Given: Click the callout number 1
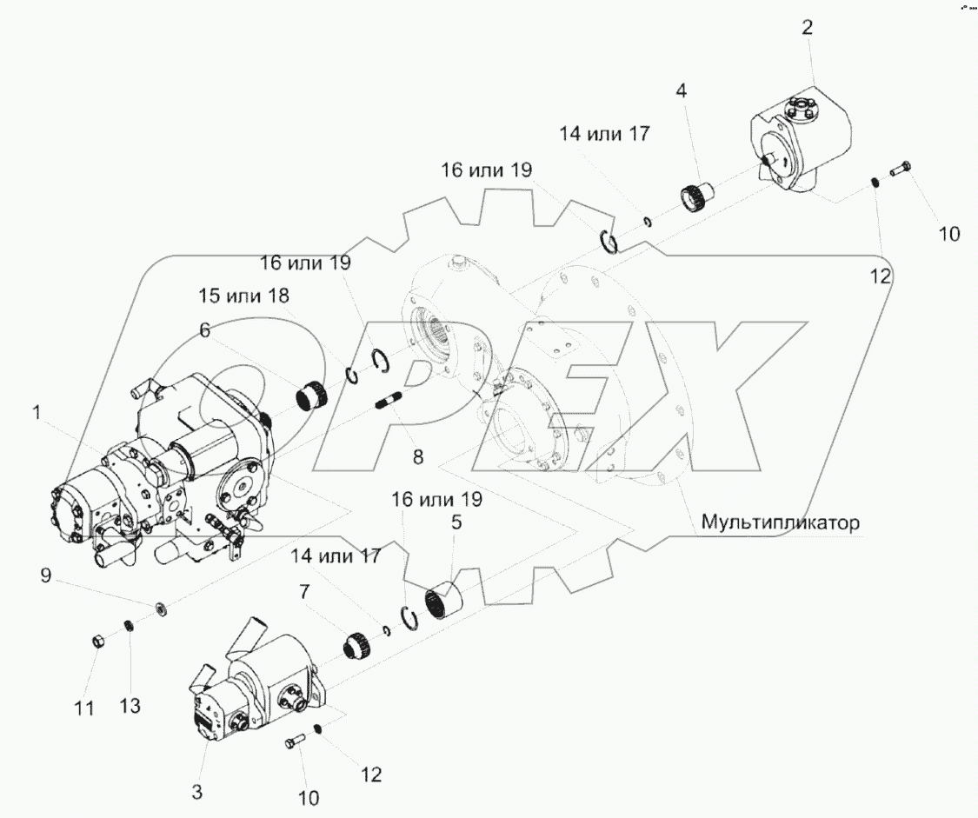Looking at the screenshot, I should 37,415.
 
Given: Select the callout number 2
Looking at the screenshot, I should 808,28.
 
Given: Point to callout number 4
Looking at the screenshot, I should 681,90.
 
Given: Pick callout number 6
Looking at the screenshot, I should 205,330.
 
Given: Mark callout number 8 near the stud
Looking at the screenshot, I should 419,456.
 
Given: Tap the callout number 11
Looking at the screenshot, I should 83,708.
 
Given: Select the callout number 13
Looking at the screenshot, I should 130,707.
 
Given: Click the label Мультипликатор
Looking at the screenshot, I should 780,523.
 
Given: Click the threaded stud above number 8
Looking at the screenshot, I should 388,403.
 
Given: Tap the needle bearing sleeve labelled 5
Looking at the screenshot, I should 444,600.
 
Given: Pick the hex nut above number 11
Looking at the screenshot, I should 99,642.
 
